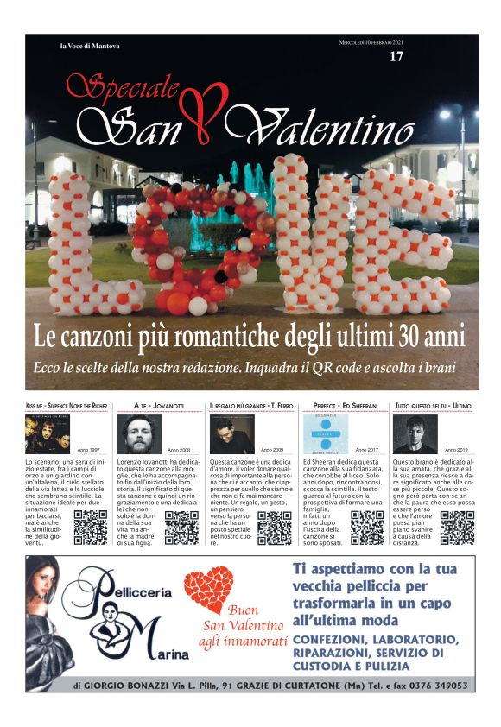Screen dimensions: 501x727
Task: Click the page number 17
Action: click(x=396, y=57)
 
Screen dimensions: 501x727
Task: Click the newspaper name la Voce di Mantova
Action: click(x=90, y=46)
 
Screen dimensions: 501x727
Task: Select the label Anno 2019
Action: click(x=457, y=450)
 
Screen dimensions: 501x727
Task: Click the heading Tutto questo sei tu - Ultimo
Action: click(x=433, y=405)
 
